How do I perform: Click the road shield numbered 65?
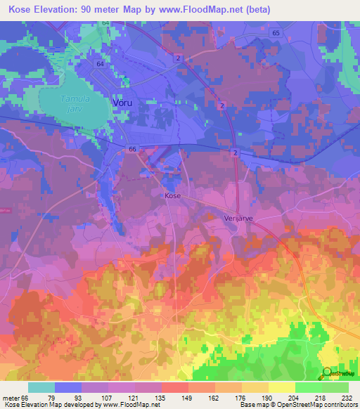pyautogui.click(x=275, y=33)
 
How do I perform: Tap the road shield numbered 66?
pyautogui.click(x=131, y=149)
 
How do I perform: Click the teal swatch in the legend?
pyautogui.click(x=41, y=387)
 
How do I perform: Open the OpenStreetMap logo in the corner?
pyautogui.click(x=339, y=372)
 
